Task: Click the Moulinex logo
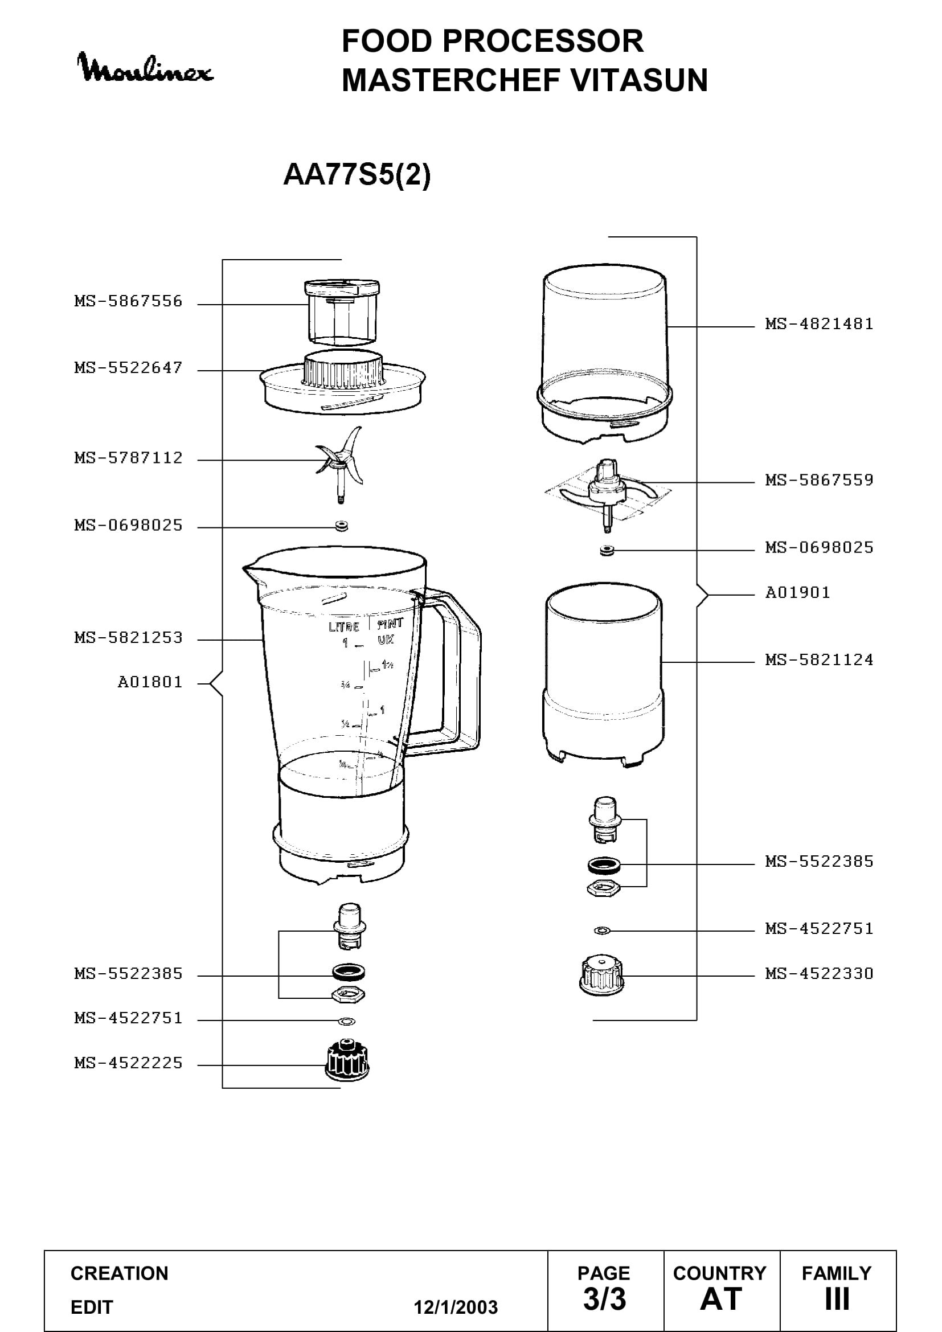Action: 145,68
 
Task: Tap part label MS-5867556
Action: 128,301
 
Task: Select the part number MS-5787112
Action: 128,458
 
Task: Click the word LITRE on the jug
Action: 344,626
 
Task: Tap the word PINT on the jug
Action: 390,624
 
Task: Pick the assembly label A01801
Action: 150,682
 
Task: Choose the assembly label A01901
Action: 797,592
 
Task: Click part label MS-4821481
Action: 819,323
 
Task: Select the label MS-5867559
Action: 819,479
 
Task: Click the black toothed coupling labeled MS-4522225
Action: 347,1060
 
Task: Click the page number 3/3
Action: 604,1299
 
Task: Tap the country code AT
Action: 721,1299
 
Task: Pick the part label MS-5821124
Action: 819,659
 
